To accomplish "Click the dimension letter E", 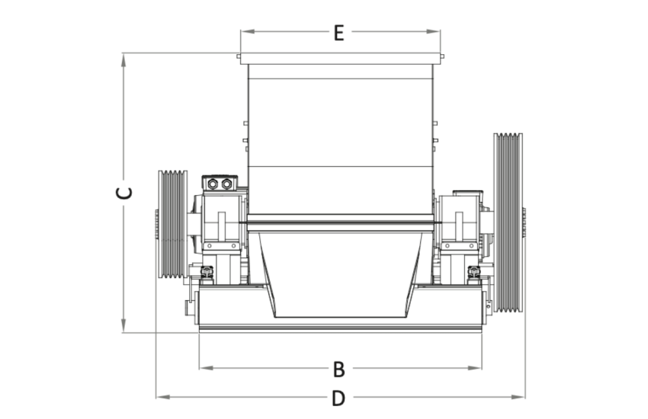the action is pyautogui.click(x=339, y=33).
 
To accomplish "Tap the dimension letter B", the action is pyautogui.click(x=339, y=369).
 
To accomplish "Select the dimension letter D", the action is pyautogui.click(x=338, y=398).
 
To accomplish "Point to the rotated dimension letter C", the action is pyautogui.click(x=124, y=194).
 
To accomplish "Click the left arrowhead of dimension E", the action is pyautogui.click(x=248, y=31).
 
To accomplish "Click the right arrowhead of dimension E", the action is pyautogui.click(x=433, y=31).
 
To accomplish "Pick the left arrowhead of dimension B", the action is pyautogui.click(x=207, y=368).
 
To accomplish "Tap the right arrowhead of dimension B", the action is pyautogui.click(x=475, y=368).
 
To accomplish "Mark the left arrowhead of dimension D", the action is pyautogui.click(x=163, y=397).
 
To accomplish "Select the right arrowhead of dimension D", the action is pyautogui.click(x=518, y=397).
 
